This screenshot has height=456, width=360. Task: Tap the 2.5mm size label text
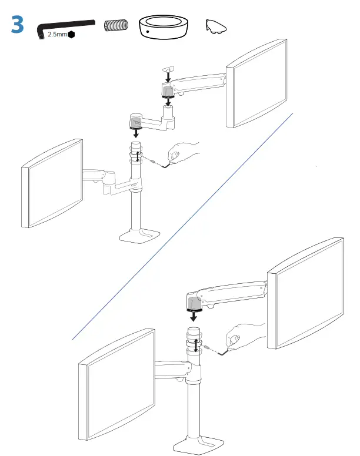point(56,35)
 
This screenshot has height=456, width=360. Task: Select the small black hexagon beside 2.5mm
point(72,35)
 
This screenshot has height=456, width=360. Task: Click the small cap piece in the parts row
point(215,25)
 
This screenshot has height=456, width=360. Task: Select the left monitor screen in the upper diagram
point(52,184)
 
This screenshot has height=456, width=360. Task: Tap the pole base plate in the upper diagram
point(137,236)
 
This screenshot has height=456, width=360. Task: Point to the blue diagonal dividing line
point(182,226)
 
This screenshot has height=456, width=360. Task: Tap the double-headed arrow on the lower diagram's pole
point(195,346)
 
